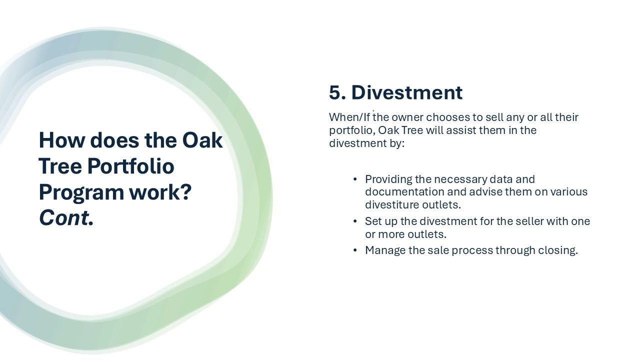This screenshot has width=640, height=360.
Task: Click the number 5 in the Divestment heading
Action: pyautogui.click(x=335, y=92)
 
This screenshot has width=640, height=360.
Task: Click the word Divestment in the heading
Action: pyautogui.click(x=407, y=92)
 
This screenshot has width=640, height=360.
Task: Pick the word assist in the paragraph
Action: pyautogui.click(x=461, y=130)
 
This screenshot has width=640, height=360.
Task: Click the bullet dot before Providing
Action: pyautogui.click(x=355, y=179)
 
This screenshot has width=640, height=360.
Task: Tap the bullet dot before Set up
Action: pyautogui.click(x=355, y=221)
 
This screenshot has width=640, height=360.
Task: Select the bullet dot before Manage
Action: pyautogui.click(x=355, y=250)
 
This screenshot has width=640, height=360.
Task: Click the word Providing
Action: pyautogui.click(x=388, y=179)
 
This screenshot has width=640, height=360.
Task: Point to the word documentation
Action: pyautogui.click(x=404, y=191)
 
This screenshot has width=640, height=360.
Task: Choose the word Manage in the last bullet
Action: pyautogui.click(x=385, y=250)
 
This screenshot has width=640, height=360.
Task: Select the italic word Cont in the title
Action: pyautogui.click(x=63, y=218)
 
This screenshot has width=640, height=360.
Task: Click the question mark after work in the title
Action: pyautogui.click(x=185, y=192)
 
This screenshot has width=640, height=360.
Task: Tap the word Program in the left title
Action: pyautogui.click(x=81, y=193)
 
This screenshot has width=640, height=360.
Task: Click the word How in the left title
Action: pyautogui.click(x=62, y=140)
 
